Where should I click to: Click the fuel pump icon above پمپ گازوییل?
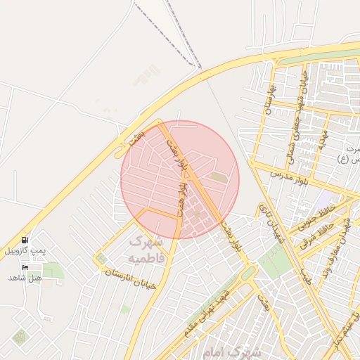(x=25, y=240)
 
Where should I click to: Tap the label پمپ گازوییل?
(x=25, y=251)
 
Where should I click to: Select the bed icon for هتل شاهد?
(x=25, y=267)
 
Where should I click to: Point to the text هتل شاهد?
(x=25, y=278)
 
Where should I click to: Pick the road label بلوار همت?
(x=182, y=199)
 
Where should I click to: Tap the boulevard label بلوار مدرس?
(x=271, y=173)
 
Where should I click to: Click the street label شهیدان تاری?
(x=271, y=226)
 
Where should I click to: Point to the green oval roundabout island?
(x=248, y=273)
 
